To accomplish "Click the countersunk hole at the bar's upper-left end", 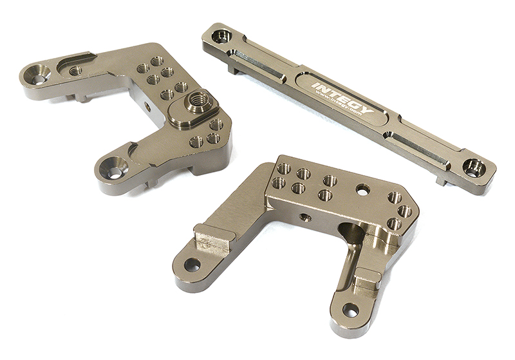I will pyautogui.click(x=221, y=36).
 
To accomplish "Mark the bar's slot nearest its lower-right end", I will pyautogui.click(x=418, y=145).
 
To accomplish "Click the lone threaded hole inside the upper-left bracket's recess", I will pyautogui.click(x=75, y=71).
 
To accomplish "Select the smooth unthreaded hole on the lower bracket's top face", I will pyautogui.click(x=363, y=189).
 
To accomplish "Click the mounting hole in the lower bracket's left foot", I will pyautogui.click(x=192, y=264).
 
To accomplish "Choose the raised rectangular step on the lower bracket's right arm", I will pyautogui.click(x=367, y=279).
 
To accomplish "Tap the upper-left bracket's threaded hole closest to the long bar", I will pyautogui.click(x=156, y=61).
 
